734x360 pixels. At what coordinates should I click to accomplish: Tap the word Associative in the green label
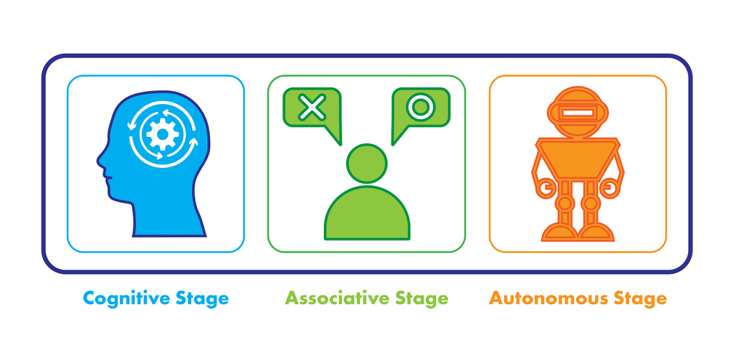[x=330, y=298]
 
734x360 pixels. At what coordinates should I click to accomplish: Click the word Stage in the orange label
[x=639, y=298]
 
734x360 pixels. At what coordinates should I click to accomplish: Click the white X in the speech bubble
[x=312, y=108]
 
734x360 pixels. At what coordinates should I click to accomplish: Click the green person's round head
[x=367, y=164]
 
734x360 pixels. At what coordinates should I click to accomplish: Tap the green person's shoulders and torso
[x=367, y=215]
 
